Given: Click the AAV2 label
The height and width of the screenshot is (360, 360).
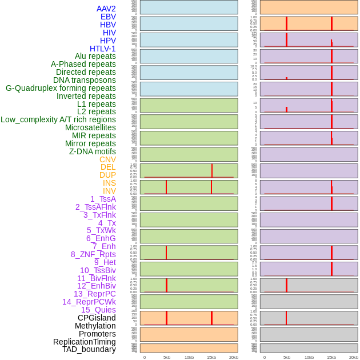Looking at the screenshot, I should pyautogui.click(x=106, y=9).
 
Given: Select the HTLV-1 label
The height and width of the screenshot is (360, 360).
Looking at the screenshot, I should pyautogui.click(x=103, y=49).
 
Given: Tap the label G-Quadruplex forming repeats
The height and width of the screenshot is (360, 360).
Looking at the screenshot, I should pyautogui.click(x=61, y=88).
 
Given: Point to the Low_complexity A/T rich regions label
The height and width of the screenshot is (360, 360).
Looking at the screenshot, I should pyautogui.click(x=58, y=119).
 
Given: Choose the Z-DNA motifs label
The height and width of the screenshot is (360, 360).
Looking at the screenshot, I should pyautogui.click(x=93, y=151).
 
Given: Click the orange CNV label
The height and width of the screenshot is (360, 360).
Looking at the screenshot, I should pyautogui.click(x=107, y=159).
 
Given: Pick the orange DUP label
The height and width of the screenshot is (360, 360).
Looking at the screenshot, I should pyautogui.click(x=107, y=175).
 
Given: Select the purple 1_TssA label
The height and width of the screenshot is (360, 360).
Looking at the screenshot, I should pyautogui.click(x=103, y=199).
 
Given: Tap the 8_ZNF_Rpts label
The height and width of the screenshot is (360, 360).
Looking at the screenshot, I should pyautogui.click(x=93, y=254).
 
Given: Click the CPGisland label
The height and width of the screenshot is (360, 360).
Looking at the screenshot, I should pyautogui.click(x=97, y=318).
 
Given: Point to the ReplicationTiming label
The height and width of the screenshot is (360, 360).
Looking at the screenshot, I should pyautogui.click(x=85, y=342).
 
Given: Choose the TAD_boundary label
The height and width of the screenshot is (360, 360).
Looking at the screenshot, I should pyautogui.click(x=89, y=349).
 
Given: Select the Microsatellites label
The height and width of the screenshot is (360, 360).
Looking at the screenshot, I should pyautogui.click(x=90, y=127).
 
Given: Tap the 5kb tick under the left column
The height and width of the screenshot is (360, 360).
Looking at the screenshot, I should pyautogui.click(x=167, y=357).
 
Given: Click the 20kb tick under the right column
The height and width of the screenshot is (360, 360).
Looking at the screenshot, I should pyautogui.click(x=354, y=357).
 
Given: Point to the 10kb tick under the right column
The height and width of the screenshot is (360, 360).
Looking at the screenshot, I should pyautogui.click(x=309, y=357).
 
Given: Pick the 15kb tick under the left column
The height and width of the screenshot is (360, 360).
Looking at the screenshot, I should pyautogui.click(x=211, y=357).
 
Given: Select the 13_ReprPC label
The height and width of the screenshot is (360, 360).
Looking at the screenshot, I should pyautogui.click(x=94, y=294).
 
